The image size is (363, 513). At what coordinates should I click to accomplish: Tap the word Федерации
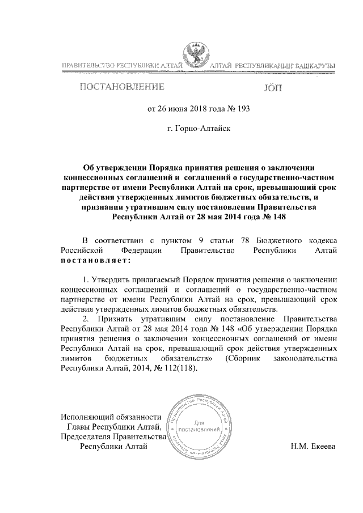tap(142, 251)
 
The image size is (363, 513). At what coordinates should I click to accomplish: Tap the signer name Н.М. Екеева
tap(313, 446)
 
